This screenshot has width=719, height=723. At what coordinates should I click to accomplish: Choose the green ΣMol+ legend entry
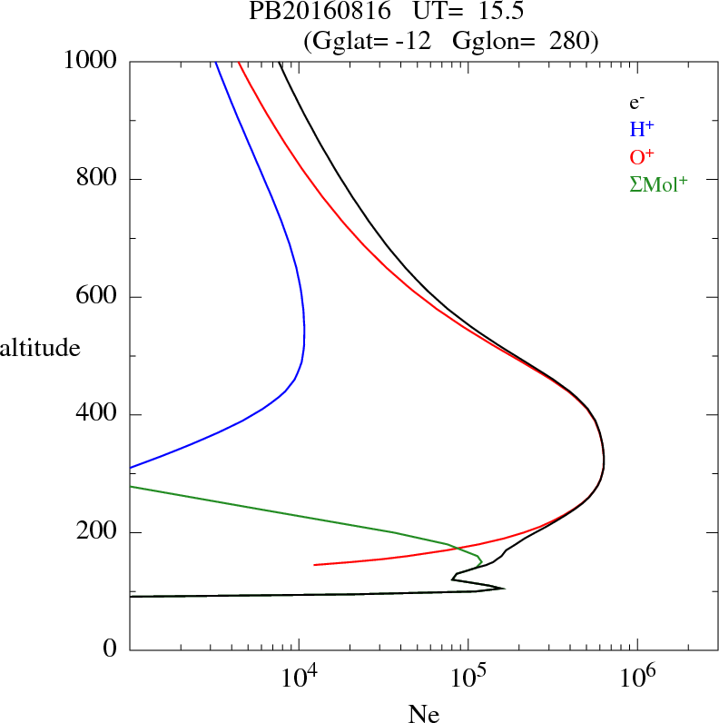click(x=658, y=183)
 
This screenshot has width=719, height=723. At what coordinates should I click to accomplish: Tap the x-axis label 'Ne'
click(x=423, y=714)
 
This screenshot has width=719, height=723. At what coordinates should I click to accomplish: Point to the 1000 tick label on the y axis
click(x=92, y=61)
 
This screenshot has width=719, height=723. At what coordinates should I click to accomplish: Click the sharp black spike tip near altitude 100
click(x=503, y=589)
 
